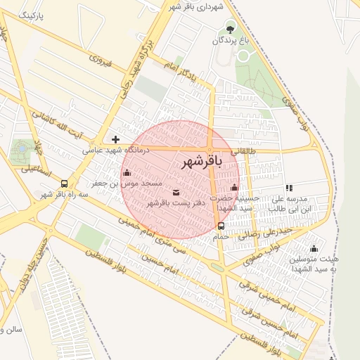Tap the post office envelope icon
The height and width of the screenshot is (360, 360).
[175, 192]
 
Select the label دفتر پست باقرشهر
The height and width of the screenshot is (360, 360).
[169, 202]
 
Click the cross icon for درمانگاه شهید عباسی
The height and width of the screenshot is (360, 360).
[116, 139]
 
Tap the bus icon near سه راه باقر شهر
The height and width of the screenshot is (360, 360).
[65, 183]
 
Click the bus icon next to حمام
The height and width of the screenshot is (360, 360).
[221, 226]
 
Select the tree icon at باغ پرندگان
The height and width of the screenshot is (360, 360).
[230, 29]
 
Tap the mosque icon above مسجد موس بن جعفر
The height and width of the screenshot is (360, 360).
[127, 173]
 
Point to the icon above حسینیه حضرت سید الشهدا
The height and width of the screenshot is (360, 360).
[234, 188]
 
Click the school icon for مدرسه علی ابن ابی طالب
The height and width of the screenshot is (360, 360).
[289, 188]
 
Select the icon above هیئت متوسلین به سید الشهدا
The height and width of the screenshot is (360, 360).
[314, 248]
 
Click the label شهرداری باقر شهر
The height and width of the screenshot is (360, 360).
[195, 6]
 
